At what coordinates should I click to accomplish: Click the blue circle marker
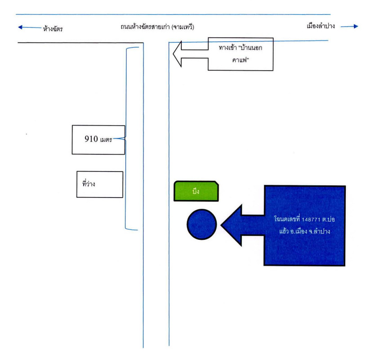[x=202, y=224]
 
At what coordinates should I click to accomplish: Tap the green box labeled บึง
[x=196, y=192]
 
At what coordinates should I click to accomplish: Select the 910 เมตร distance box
[x=98, y=139]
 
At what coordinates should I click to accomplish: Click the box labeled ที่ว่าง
[x=99, y=184]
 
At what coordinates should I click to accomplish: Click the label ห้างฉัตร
[x=50, y=29]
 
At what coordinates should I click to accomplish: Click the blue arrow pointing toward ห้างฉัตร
[x=27, y=28]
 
